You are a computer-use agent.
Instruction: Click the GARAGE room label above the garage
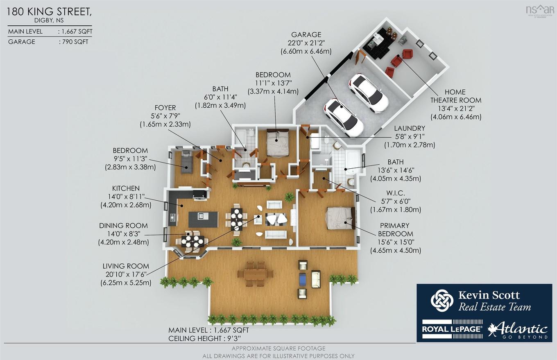coord(306,34)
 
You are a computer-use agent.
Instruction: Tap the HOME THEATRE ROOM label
coord(455,96)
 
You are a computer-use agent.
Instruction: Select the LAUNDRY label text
coord(410,128)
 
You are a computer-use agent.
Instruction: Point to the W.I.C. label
coord(395,193)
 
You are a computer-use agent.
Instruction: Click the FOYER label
coord(165,108)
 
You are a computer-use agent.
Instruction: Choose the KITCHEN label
coord(126,188)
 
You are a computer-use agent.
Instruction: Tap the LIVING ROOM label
coord(126,266)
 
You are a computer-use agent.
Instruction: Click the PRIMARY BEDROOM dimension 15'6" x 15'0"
coord(395,242)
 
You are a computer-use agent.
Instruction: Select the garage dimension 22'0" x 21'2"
coord(306,43)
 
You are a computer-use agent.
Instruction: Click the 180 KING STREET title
coord(49,12)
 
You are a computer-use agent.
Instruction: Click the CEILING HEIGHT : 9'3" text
coord(205,338)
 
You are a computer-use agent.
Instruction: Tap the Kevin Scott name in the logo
coord(489,295)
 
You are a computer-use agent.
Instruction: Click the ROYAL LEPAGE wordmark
coord(452,329)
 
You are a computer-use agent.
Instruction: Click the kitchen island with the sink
coord(203,219)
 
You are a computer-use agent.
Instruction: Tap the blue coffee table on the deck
coord(302,279)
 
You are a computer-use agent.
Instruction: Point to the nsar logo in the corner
coord(540,10)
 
